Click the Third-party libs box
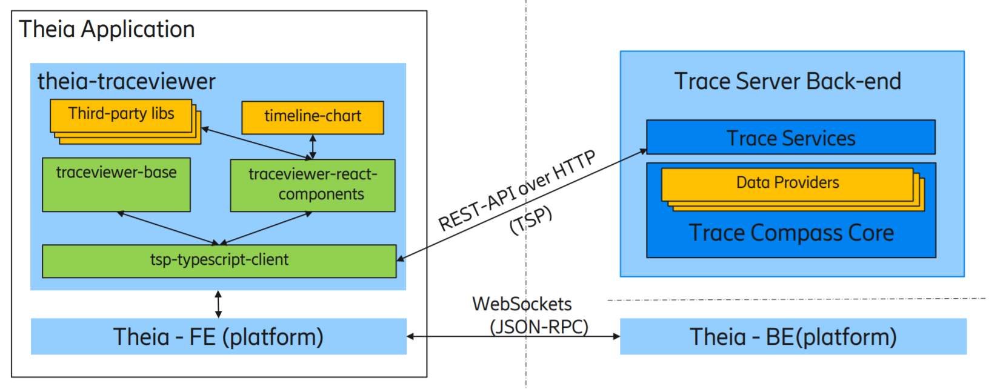click(121, 115)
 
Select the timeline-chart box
click(313, 117)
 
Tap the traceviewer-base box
click(116, 184)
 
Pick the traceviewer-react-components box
click(313, 185)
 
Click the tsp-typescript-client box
click(219, 261)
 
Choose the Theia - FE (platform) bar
click(218, 336)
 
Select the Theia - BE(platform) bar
click(793, 336)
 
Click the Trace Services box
click(790, 138)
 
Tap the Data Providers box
click(787, 184)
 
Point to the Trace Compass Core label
click(791, 233)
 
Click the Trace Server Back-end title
click(788, 81)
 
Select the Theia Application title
click(107, 29)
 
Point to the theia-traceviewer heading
click(126, 81)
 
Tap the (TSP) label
click(531, 220)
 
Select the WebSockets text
click(522, 304)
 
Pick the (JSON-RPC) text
click(539, 327)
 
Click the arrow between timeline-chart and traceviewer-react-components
click(313, 147)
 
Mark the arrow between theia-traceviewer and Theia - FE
click(218, 304)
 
